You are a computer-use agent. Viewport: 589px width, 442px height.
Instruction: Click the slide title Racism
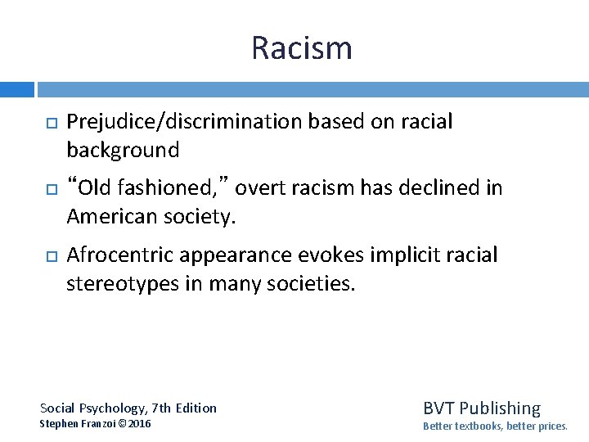(302, 48)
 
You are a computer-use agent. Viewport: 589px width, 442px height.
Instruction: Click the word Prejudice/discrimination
(184, 122)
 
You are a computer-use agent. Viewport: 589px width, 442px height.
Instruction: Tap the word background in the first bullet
(123, 150)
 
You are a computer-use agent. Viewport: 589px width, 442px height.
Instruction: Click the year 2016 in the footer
(139, 424)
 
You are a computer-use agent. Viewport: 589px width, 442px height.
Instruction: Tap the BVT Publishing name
(482, 408)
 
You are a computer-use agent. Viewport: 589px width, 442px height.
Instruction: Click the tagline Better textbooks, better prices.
(495, 426)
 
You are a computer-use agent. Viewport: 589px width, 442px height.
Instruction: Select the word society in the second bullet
(206, 216)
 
